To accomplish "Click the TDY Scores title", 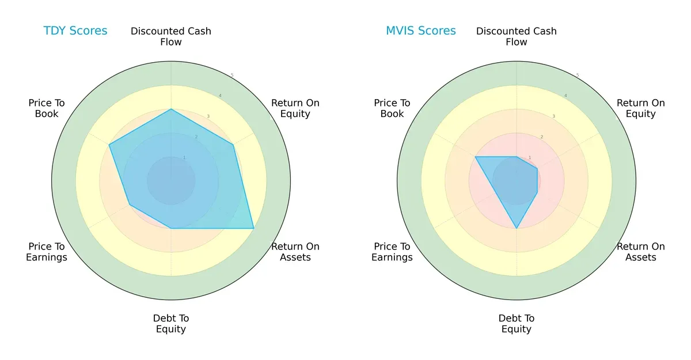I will tap(75, 31).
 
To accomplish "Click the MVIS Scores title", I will tap(420, 31).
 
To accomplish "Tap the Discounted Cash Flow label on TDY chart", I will tap(171, 36).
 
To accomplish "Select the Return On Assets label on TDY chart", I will tap(295, 252).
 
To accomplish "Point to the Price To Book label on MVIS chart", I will tap(392, 108).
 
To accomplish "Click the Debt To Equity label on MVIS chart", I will tap(517, 324).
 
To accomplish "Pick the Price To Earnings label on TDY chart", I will tap(47, 252).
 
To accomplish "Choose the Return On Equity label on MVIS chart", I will tap(640, 108).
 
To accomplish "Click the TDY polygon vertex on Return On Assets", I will tap(253, 228).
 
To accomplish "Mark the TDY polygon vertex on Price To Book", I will tap(109, 145).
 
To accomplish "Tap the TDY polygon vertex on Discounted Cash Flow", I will tap(171, 109).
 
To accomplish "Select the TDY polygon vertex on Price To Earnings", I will tap(130, 204).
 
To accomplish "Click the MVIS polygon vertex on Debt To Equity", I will tap(517, 228).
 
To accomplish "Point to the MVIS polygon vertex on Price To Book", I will tap(475, 157).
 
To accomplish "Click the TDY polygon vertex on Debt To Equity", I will tap(171, 228).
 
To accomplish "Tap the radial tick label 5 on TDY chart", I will tap(232, 75).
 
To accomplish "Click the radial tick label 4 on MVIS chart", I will tap(565, 96).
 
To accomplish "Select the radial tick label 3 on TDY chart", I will tap(208, 116).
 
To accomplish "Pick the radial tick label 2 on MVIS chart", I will tap(541, 137).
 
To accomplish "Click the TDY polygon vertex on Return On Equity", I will tap(233, 145).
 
